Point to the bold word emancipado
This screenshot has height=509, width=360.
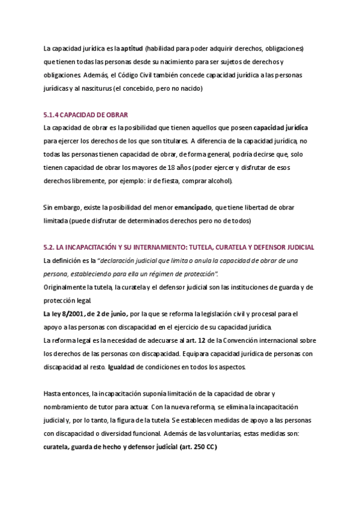(x=193, y=207)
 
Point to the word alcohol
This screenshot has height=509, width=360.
(x=220, y=181)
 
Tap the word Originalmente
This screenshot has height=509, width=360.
(x=65, y=287)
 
